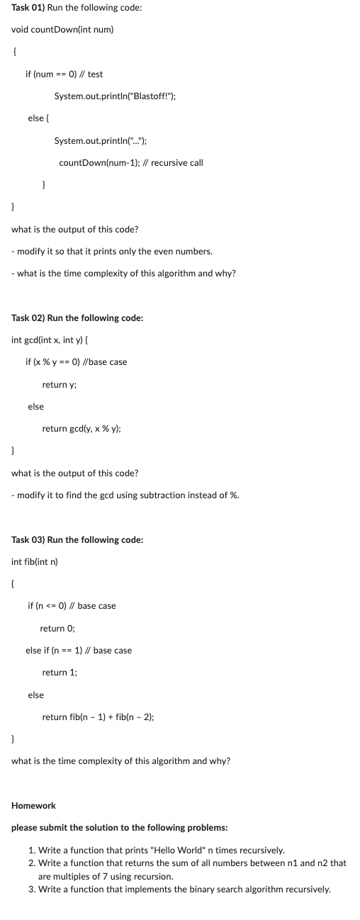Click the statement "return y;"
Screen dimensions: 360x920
click(60, 384)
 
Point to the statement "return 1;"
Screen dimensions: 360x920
click(60, 672)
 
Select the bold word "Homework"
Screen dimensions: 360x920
click(34, 805)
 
